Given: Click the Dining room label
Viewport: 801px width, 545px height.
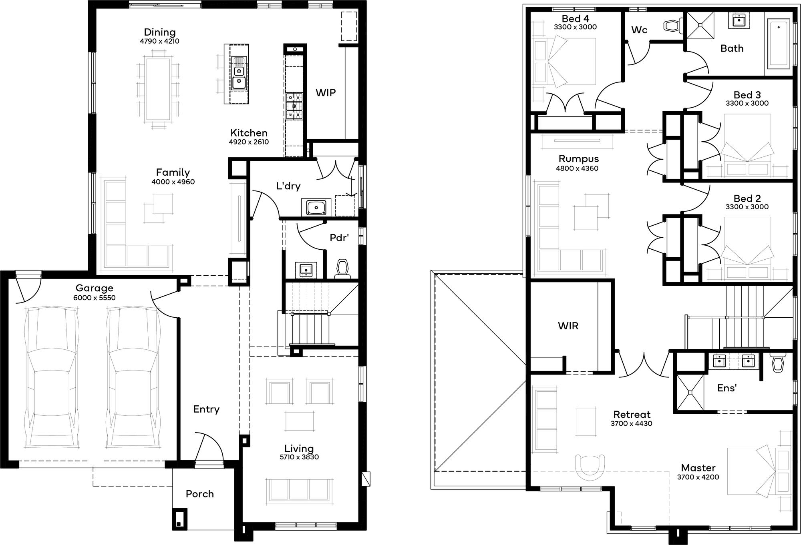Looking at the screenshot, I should [160, 32].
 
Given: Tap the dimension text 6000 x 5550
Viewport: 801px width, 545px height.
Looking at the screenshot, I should [94, 298].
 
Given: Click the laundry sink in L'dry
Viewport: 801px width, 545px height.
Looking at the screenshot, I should [316, 208].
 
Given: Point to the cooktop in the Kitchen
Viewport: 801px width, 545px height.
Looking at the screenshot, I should [294, 106].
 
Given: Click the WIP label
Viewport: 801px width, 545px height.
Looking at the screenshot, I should [326, 93].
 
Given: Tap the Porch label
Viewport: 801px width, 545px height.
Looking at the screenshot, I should [199, 494].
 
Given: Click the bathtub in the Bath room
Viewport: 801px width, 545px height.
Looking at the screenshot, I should [779, 44].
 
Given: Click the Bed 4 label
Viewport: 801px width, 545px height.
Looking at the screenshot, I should [575, 18].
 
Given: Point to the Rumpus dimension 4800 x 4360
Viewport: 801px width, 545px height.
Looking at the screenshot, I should [577, 168].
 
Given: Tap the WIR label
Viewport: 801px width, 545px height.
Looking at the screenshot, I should [568, 326].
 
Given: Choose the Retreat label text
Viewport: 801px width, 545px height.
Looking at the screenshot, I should [632, 414].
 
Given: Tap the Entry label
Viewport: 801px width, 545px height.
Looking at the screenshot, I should [206, 409].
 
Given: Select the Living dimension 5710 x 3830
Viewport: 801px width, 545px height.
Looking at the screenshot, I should [299, 457].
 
